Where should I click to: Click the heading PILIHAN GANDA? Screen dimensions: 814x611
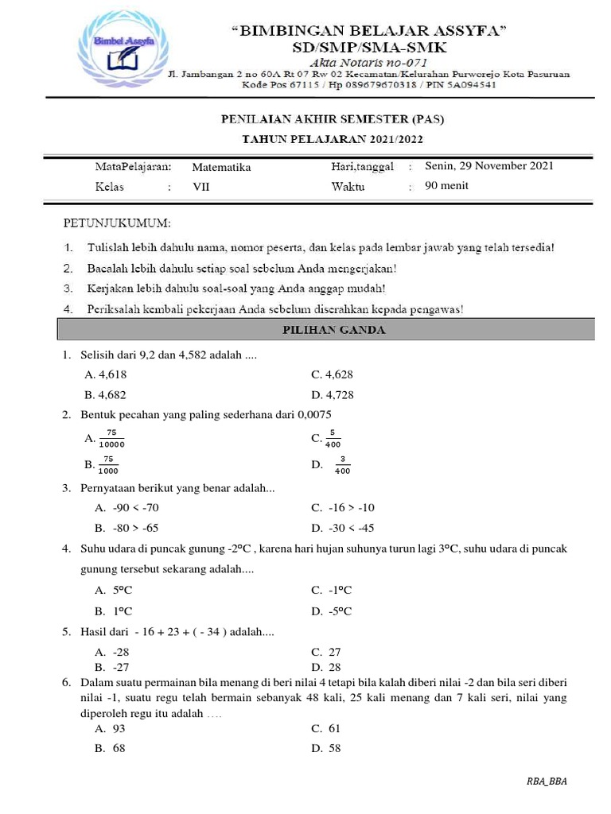335,330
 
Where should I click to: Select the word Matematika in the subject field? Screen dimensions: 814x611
221,167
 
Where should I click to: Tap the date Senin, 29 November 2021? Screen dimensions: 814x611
489,166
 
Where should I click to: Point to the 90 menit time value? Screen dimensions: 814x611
447,186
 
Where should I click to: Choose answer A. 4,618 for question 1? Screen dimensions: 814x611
105,374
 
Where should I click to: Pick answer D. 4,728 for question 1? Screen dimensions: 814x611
333,394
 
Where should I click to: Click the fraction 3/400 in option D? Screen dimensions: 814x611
342,466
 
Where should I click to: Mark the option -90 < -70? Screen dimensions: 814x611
126,507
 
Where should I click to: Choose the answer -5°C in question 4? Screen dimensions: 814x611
332,610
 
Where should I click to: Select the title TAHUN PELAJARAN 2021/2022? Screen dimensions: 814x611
332,139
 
